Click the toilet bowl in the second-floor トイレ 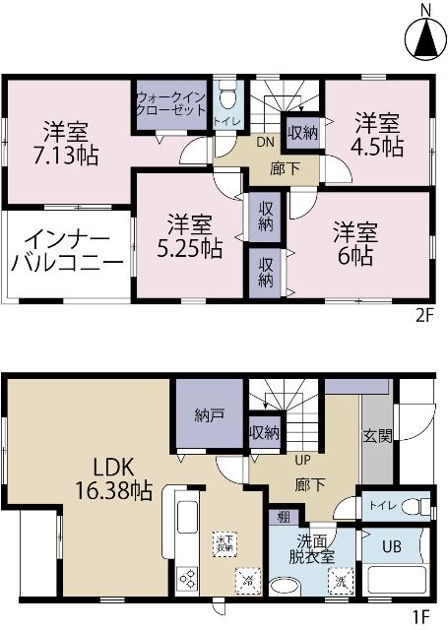(227, 98)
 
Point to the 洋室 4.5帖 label (378, 135)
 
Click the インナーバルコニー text (68, 252)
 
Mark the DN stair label (265, 142)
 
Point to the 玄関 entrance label (377, 436)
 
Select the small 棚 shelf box (283, 518)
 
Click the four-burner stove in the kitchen (187, 581)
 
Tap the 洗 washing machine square (340, 582)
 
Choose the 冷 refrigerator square (246, 582)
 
